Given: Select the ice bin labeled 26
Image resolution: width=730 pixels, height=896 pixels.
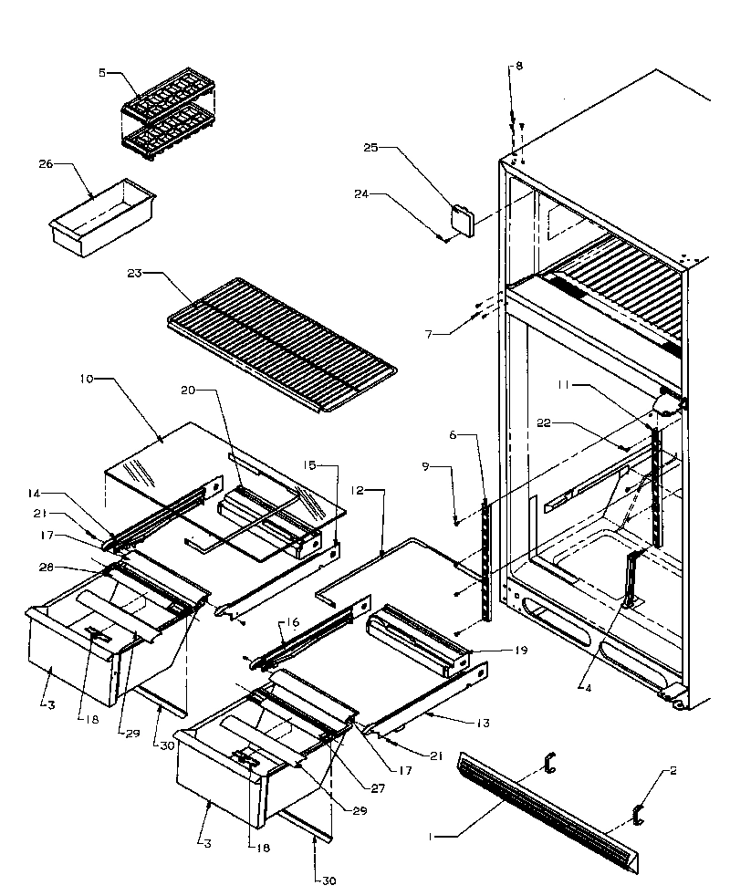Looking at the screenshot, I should [x=100, y=217].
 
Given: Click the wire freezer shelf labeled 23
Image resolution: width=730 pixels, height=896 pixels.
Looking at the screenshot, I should [x=283, y=342].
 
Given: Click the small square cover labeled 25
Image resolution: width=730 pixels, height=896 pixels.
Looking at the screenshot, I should [x=463, y=220].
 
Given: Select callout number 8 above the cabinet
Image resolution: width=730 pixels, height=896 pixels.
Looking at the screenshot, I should [x=518, y=67].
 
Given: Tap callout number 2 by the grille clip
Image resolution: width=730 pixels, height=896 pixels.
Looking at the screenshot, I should [x=673, y=771].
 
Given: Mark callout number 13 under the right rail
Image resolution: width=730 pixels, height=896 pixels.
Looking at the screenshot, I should [x=483, y=723].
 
